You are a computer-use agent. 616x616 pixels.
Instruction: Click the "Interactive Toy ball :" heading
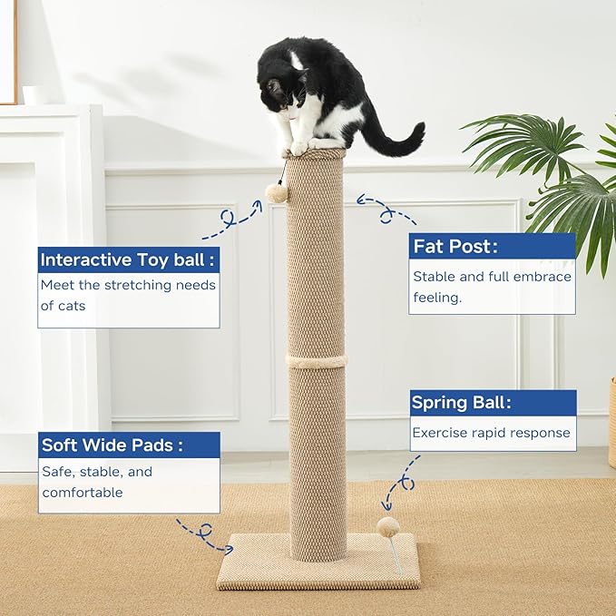coord(128,260)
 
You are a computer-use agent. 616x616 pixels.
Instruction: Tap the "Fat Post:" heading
coord(455,247)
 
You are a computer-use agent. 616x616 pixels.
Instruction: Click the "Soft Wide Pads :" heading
coord(112,445)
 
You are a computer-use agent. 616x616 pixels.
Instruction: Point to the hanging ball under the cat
coord(278,191)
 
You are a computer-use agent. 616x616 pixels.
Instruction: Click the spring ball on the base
coord(389,526)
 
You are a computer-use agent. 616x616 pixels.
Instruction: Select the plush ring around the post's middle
coord(317,361)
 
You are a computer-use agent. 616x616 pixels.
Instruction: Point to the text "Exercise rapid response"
coord(492,433)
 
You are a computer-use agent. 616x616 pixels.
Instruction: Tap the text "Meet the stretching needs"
coord(128,285)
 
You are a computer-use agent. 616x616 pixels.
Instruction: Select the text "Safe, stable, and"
coord(97,472)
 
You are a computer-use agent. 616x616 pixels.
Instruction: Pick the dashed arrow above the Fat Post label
coord(386,210)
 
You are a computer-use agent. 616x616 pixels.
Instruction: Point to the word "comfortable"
coord(83,493)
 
